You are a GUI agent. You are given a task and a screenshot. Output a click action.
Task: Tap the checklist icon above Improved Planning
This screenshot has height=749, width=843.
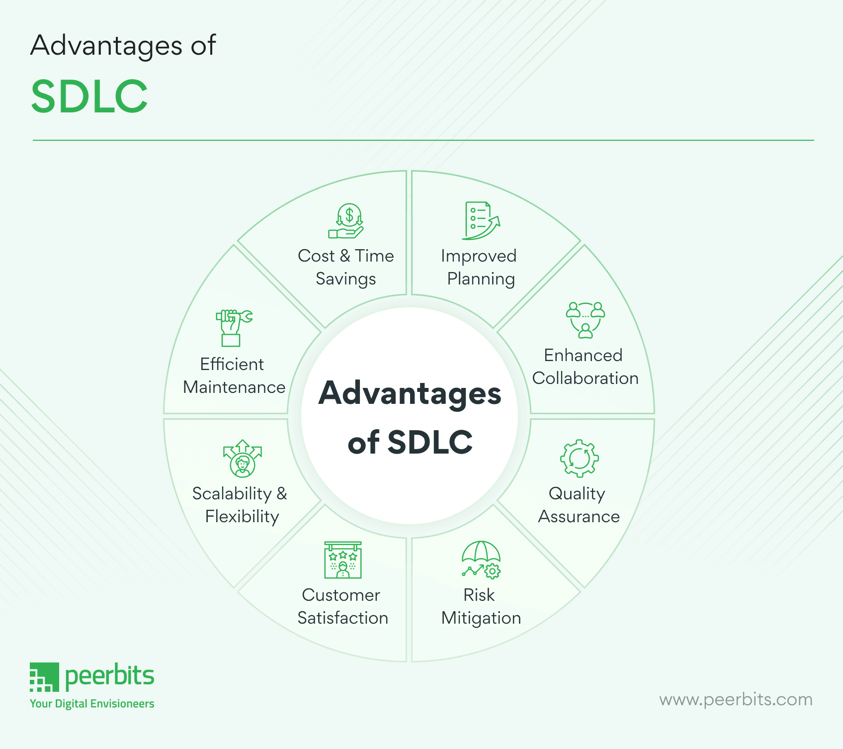[x=480, y=220]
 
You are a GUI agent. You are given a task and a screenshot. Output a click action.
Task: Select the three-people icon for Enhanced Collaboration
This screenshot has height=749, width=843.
[x=586, y=320]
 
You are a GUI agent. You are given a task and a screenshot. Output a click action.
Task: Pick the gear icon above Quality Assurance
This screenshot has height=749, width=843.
[x=579, y=458]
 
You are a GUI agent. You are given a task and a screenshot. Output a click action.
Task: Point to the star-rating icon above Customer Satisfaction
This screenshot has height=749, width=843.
[x=342, y=560]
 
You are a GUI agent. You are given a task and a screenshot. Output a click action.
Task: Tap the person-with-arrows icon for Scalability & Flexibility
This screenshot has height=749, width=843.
[x=242, y=459]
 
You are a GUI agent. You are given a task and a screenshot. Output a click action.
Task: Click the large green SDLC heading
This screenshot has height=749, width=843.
[x=89, y=96]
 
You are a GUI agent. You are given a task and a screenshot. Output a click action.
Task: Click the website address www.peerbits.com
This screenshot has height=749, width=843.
[x=736, y=699]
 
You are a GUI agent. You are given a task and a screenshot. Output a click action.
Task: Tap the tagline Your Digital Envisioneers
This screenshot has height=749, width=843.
[x=92, y=704]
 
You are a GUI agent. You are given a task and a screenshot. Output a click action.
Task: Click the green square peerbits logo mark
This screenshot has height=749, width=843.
[x=44, y=677]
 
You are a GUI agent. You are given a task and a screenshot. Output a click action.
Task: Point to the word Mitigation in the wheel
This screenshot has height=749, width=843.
[x=481, y=618]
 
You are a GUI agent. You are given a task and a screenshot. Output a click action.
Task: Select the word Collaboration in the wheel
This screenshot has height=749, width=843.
[x=585, y=378]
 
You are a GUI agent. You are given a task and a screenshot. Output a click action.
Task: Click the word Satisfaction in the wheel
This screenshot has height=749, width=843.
[x=342, y=618]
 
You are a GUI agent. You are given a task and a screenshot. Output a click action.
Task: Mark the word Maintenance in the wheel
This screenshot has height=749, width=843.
[x=234, y=387]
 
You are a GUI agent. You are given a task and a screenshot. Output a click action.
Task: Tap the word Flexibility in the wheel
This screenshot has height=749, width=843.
[x=242, y=517]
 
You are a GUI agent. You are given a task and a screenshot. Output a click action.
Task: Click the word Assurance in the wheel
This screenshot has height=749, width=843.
[x=579, y=517]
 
